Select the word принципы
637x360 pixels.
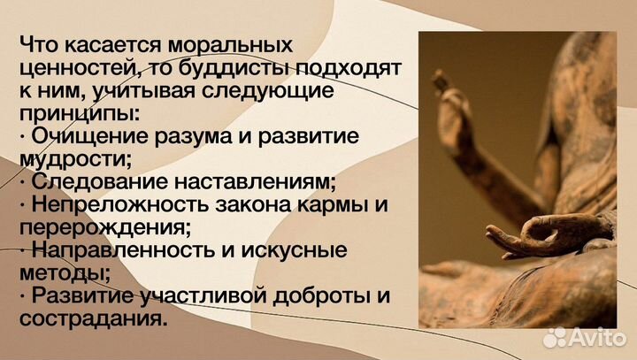coord(80,112)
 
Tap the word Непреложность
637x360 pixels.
coord(109,204)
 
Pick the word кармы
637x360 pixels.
coord(337,204)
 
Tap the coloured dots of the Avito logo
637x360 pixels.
coord(556,336)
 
